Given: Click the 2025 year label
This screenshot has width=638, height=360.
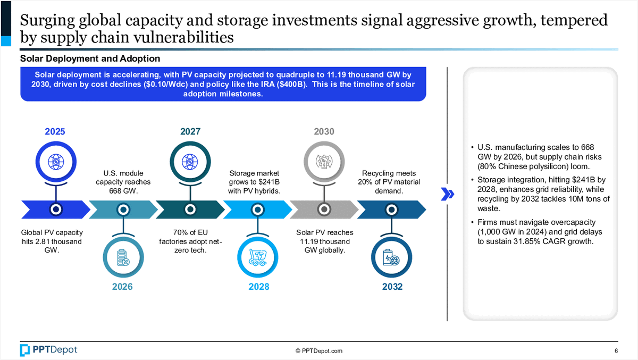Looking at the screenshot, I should tap(55, 131).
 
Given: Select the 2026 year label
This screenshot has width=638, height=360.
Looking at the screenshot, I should tap(122, 287).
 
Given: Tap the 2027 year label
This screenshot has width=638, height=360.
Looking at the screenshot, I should tap(190, 131).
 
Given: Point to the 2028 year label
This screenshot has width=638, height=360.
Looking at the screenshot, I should tap(258, 287).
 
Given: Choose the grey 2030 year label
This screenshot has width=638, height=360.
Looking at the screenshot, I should tap(324, 131).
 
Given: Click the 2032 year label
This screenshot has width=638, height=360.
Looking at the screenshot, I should tap(391, 287).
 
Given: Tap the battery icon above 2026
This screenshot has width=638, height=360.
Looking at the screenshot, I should tap(123, 257).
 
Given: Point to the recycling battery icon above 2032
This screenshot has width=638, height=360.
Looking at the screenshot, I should tap(391, 257).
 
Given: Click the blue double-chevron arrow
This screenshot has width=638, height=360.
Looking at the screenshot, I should tap(447, 195).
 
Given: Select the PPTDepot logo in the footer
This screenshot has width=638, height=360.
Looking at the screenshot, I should tap(48, 350).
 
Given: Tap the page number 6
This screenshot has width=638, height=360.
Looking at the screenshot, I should tap(616, 350).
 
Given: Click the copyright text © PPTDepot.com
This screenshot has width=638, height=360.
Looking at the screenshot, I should tap(319, 351).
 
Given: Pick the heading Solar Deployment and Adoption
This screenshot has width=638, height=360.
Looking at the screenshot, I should tap(90, 58).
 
